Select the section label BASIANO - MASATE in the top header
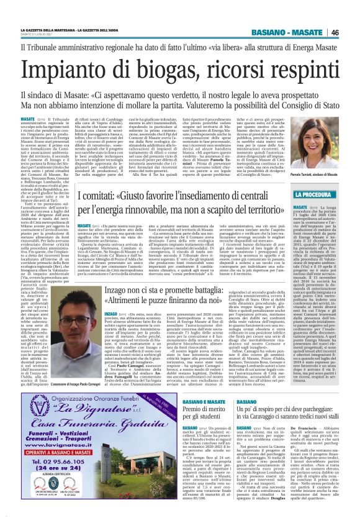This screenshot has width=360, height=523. coord(299,32)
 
